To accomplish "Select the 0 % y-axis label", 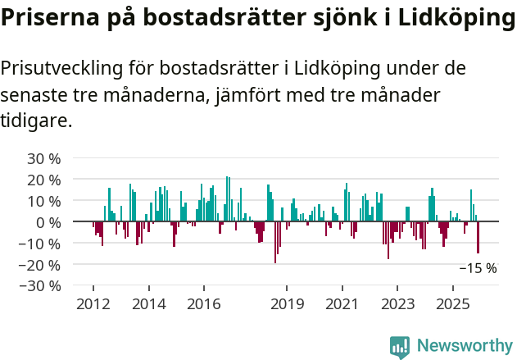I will [x=48, y=222].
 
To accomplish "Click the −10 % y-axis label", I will [x=41, y=244].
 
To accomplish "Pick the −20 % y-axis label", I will [x=41, y=265].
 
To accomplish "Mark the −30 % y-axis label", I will [x=41, y=286].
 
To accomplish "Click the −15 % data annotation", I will [x=478, y=268].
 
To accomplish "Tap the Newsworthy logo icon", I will [x=400, y=346].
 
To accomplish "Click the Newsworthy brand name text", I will [x=465, y=346].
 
